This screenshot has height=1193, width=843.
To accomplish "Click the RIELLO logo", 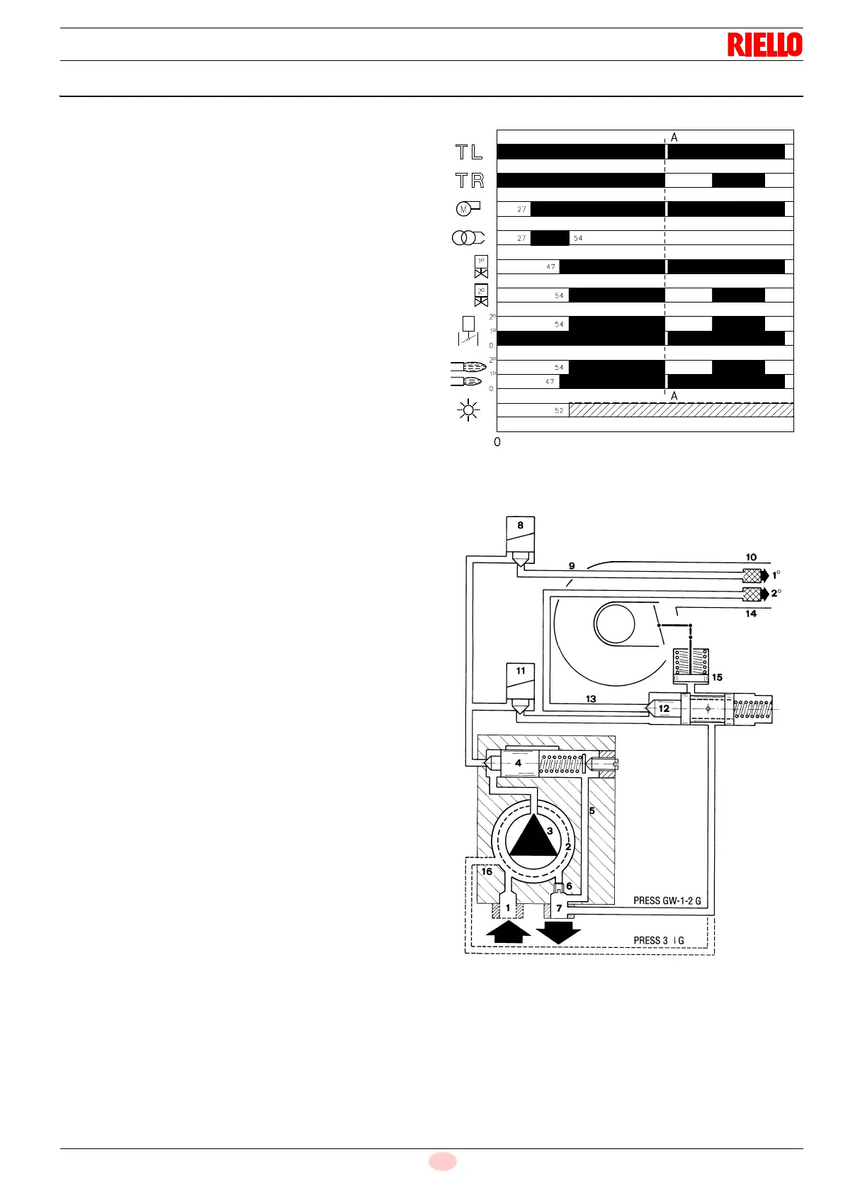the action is [764, 45].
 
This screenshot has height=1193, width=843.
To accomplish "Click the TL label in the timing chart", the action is [469, 152].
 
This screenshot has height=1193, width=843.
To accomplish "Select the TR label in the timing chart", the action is [469, 181].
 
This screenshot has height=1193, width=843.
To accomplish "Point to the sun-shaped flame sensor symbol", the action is [469, 410].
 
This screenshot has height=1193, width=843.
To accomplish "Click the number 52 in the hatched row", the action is [559, 410].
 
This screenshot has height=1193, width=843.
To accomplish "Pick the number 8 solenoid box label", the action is [521, 526].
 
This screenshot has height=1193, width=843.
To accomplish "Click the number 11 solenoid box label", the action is [521, 671].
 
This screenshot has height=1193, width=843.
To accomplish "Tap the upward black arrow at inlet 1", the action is [508, 930].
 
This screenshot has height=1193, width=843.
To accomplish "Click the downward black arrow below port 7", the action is [559, 932].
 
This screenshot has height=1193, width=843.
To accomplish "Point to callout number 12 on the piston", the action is [664, 708].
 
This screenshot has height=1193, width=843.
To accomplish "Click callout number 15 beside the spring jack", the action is [717, 677].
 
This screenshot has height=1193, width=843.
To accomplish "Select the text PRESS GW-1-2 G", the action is [667, 901].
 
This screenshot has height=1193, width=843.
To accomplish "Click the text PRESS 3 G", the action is [658, 941].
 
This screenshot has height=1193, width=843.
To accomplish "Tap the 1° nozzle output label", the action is [776, 575].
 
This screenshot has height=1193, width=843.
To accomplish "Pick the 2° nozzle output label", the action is [776, 593].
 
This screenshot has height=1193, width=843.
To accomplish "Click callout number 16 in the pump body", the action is [487, 871].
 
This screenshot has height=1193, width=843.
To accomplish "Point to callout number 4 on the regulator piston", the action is [519, 763].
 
